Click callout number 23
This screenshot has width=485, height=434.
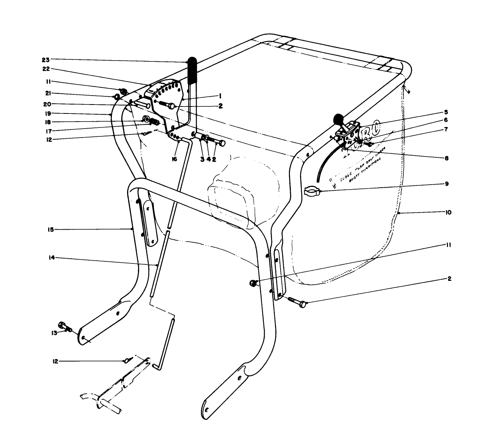[x=46, y=60]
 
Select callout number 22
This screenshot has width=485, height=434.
[x=46, y=69]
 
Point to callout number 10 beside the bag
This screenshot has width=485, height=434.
[x=448, y=213]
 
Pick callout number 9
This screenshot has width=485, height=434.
[x=447, y=184]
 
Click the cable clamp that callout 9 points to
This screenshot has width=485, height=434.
[x=312, y=191]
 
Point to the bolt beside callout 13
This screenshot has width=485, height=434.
[x=65, y=327]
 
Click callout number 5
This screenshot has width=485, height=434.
[x=446, y=113]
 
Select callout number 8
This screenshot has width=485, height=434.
[x=446, y=158]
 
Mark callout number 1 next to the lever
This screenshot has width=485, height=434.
[x=220, y=95]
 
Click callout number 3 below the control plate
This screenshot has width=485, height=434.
[x=202, y=159]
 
